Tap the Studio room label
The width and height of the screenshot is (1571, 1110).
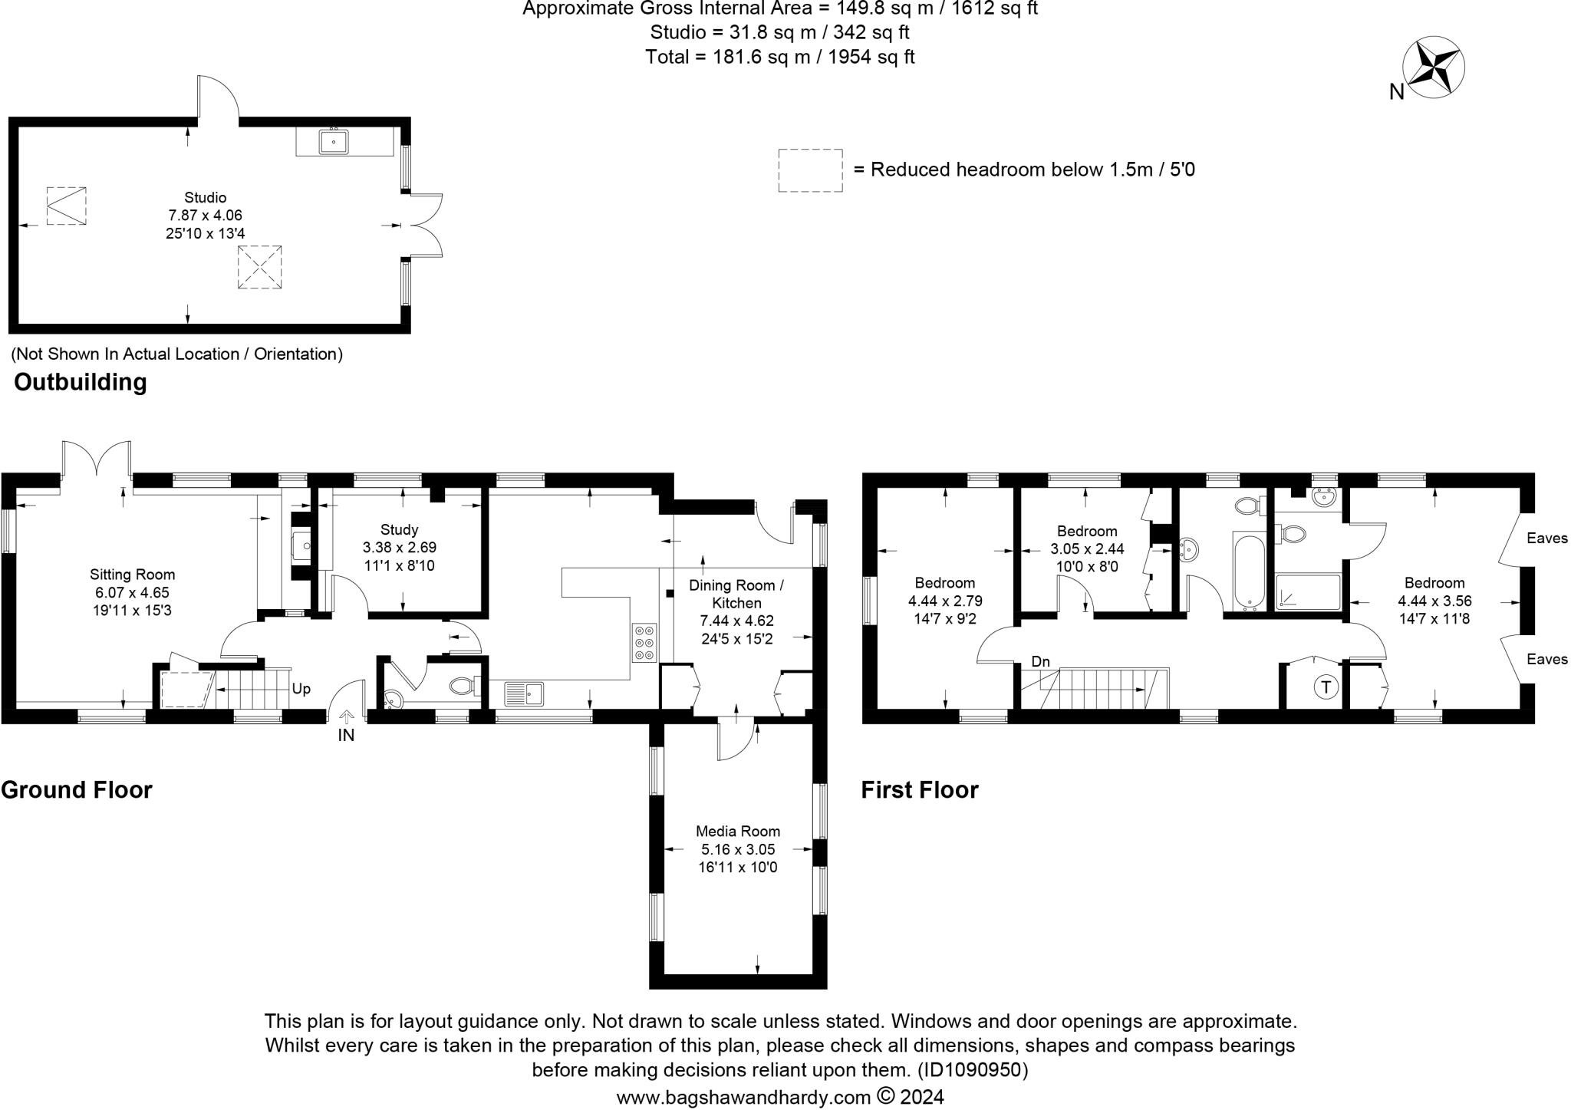click(x=205, y=198)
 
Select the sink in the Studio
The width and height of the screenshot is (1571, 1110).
click(x=334, y=142)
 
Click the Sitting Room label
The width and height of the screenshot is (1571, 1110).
click(x=132, y=575)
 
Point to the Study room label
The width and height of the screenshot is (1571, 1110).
click(x=399, y=530)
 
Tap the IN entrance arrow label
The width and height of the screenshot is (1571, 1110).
click(x=346, y=735)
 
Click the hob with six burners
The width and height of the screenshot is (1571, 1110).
click(x=644, y=643)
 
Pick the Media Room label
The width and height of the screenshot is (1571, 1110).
click(x=737, y=832)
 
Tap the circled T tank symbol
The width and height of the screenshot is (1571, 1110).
click(x=1325, y=687)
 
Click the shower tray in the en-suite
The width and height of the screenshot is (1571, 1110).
click(x=1308, y=593)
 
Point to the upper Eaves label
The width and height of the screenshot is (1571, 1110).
click(x=1546, y=539)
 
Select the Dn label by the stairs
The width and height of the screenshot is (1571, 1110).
click(x=1040, y=662)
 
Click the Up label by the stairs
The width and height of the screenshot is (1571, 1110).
click(x=301, y=689)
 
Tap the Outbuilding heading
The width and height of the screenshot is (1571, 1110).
click(x=80, y=382)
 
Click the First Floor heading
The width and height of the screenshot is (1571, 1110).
click(x=919, y=790)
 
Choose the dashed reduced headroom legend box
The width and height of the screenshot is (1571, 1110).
click(x=810, y=170)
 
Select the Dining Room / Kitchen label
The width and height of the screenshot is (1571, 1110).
click(x=736, y=595)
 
